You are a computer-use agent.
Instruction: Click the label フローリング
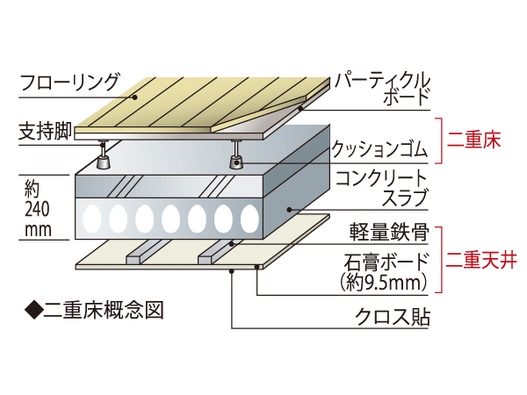tap(68, 83)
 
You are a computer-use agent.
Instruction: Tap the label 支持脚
tap(45, 133)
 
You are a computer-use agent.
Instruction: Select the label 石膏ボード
tap(386, 262)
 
